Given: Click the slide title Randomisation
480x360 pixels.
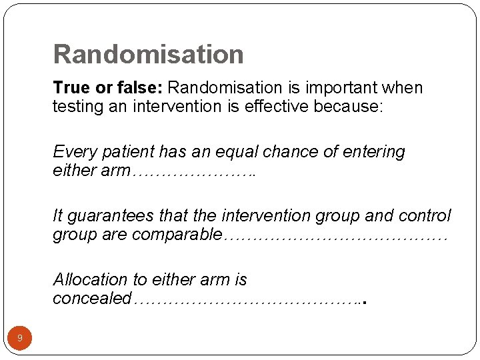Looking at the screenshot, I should click(x=148, y=54).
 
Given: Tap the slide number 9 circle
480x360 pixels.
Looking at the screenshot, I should click(x=19, y=338).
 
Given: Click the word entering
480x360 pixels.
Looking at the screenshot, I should click(x=374, y=152).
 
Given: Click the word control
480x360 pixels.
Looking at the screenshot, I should click(x=425, y=216).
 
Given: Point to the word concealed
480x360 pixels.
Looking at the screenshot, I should click(x=92, y=299).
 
